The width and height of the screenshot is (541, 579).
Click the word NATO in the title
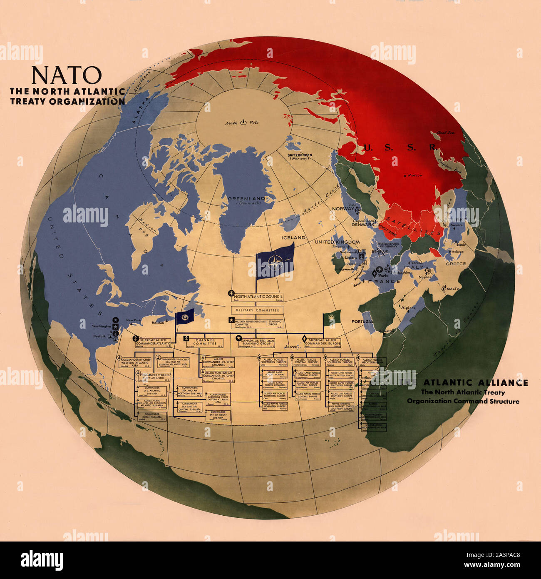click(67, 75)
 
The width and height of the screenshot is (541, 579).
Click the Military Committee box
click(257, 310)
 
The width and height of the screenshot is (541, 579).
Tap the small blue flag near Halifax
click(185, 317)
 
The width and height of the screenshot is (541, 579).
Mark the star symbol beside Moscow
click(405, 175)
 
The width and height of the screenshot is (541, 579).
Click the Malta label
click(453, 289)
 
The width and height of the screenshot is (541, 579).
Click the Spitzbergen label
click(300, 156)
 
